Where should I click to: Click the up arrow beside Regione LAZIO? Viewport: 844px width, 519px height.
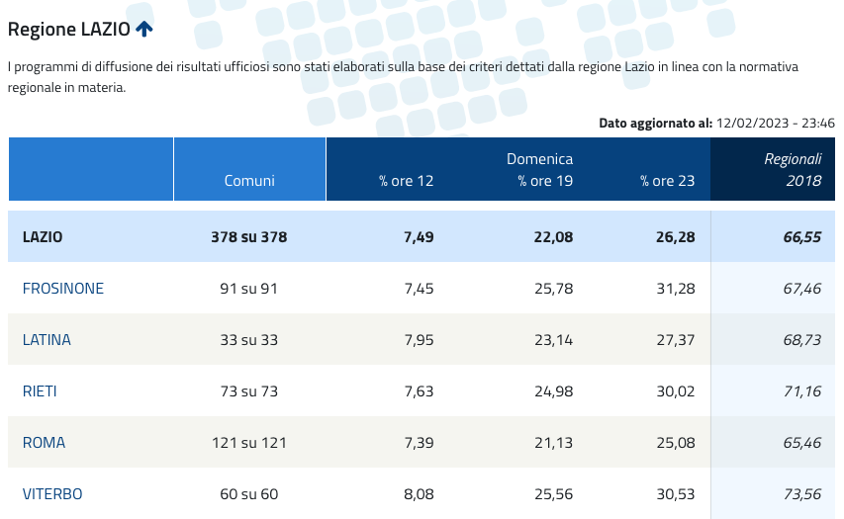(x=144, y=29)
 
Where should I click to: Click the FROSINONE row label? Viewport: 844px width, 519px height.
(x=63, y=289)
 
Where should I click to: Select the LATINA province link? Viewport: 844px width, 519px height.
(x=47, y=340)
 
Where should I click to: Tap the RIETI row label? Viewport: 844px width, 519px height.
(x=40, y=391)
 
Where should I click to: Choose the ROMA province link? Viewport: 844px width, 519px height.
(x=44, y=443)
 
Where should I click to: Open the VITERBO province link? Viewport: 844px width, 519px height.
(x=52, y=494)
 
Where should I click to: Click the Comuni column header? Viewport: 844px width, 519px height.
(x=249, y=181)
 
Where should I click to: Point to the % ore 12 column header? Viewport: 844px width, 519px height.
(x=406, y=181)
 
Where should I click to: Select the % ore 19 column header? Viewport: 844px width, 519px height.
(x=545, y=181)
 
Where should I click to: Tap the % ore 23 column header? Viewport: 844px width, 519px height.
(x=667, y=181)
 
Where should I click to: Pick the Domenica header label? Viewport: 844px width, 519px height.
(x=539, y=158)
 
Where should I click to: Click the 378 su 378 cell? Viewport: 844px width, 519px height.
(x=249, y=237)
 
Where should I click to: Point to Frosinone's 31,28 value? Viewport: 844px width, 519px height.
(x=675, y=289)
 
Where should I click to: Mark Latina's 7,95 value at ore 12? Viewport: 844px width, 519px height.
(x=414, y=340)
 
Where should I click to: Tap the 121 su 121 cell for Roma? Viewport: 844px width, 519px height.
(x=249, y=443)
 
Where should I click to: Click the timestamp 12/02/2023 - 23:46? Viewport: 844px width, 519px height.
(x=776, y=124)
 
